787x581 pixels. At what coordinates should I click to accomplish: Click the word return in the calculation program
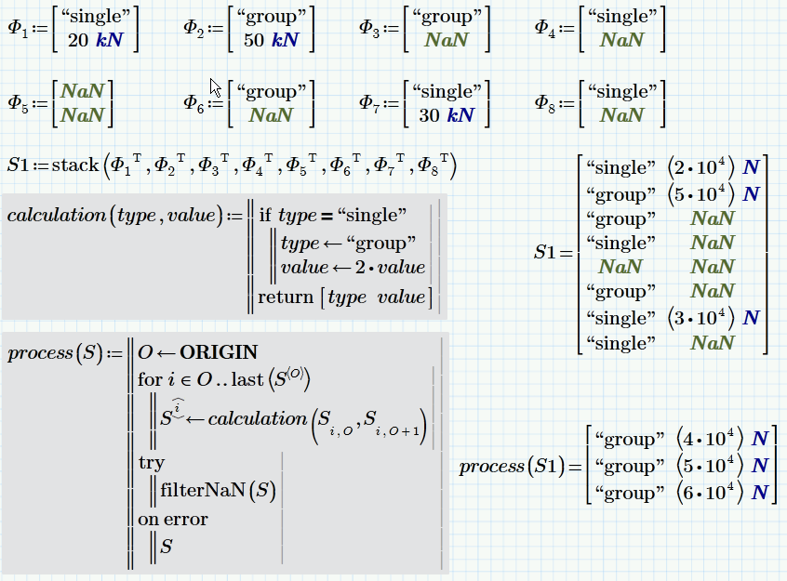pos(287,297)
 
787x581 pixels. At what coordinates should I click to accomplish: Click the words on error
pos(172,519)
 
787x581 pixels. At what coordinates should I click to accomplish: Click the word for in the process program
pos(149,379)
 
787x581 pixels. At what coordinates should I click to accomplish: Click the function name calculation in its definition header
pos(56,216)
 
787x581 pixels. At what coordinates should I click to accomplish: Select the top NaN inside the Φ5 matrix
pos(82,91)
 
